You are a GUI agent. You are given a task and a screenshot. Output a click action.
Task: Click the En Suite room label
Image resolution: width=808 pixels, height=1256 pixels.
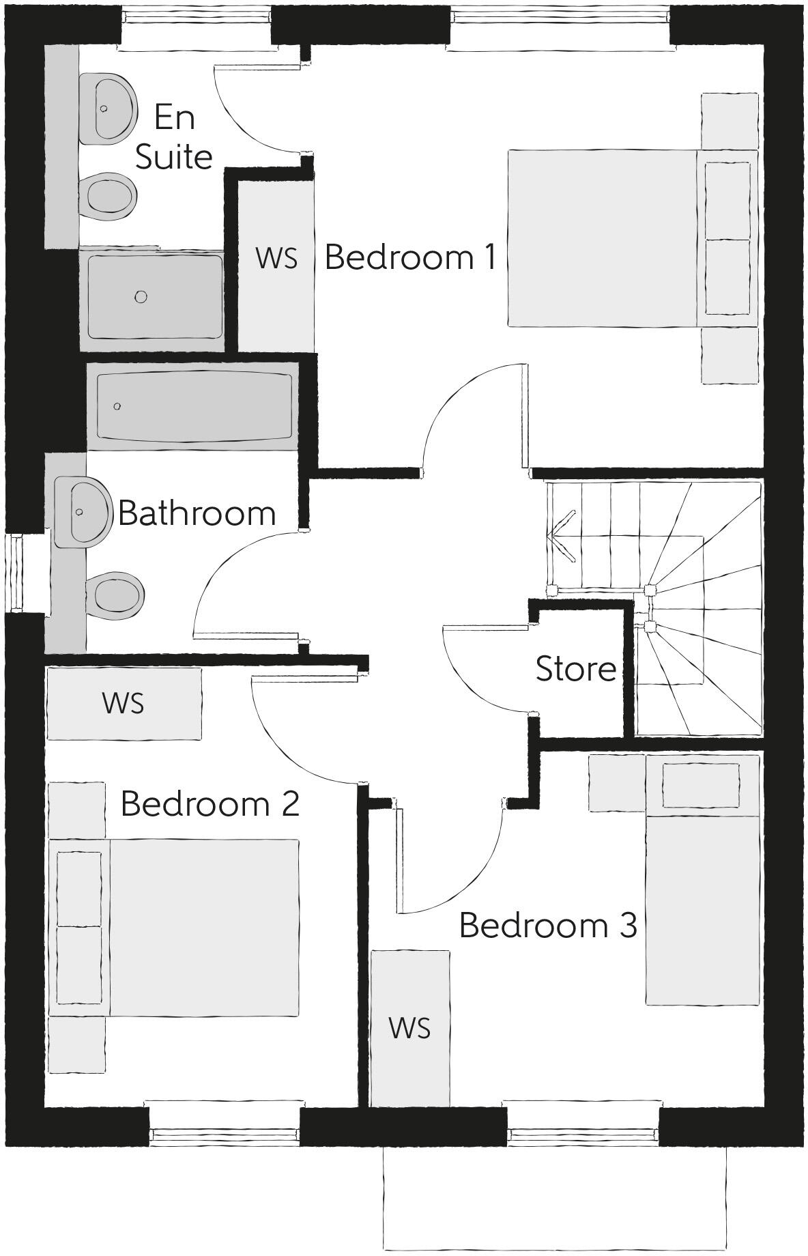[174, 137]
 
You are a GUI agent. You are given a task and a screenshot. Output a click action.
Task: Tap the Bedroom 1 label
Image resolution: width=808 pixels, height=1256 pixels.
[410, 257]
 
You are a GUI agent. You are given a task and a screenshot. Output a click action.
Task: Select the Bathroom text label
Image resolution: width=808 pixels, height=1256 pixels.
[197, 513]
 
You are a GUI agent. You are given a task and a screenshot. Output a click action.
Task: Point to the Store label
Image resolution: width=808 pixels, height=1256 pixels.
[576, 669]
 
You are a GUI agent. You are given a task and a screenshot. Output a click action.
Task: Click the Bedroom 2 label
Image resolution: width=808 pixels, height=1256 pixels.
[210, 804]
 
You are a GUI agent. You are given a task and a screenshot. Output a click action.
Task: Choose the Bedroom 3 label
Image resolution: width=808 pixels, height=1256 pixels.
[548, 925]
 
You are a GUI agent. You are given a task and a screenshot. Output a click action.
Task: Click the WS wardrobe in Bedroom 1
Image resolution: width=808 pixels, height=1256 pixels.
[276, 259]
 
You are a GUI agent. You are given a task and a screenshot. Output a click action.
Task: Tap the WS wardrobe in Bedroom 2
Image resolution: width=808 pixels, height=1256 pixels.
[124, 703]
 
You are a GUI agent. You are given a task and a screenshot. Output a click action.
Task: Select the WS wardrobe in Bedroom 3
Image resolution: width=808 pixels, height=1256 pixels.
[409, 1028]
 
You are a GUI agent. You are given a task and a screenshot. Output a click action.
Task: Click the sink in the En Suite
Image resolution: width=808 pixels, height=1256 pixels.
[106, 109]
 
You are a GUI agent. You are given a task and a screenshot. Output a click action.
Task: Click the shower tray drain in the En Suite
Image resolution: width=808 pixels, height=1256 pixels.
[141, 296]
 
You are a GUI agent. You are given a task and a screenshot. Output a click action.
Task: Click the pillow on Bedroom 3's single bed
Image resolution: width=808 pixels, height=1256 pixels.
[701, 785]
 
